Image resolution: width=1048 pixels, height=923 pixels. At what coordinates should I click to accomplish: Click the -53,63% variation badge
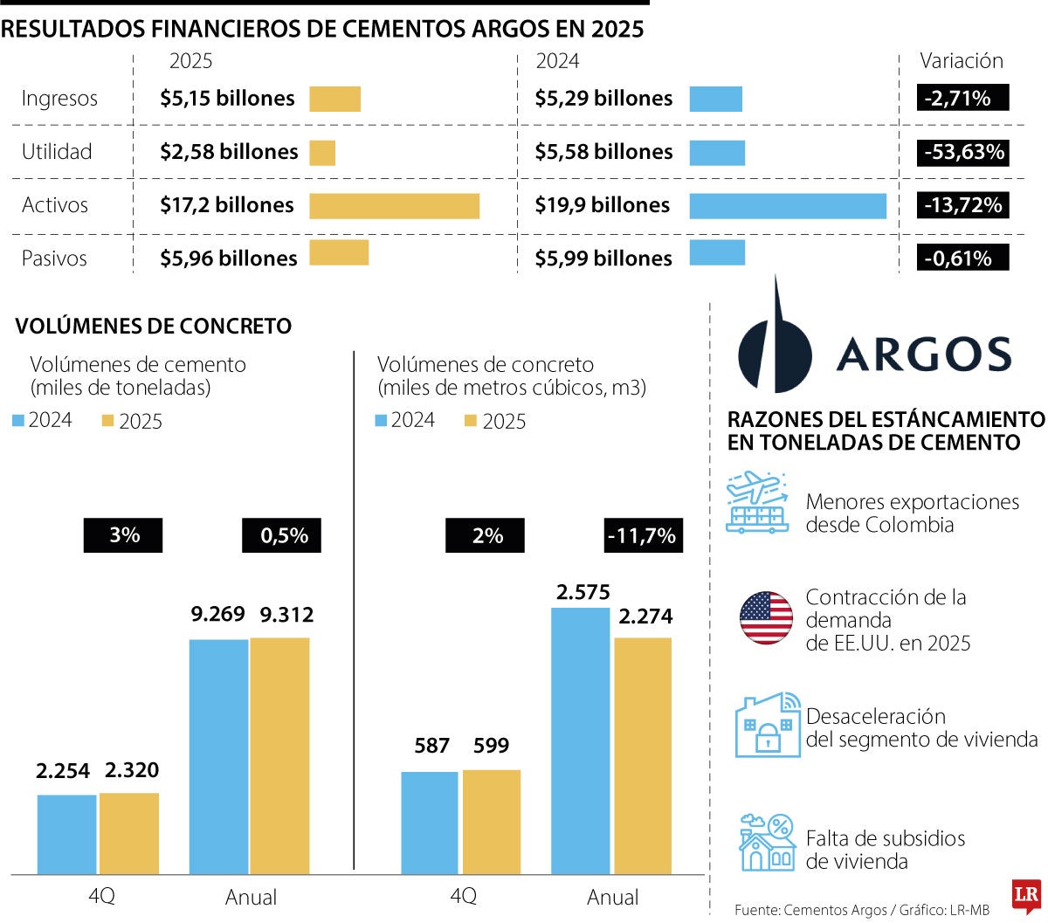point(964,152)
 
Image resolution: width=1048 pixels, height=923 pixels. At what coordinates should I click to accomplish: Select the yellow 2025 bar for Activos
point(394,205)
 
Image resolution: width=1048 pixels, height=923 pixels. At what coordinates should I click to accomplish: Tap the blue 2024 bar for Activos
point(787,205)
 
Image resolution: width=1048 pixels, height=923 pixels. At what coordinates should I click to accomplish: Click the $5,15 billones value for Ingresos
point(227,99)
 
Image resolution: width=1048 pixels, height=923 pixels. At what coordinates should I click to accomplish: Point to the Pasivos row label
point(54,258)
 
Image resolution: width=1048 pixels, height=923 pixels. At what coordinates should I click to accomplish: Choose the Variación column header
point(961,61)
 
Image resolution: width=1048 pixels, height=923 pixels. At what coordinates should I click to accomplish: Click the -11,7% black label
point(643,535)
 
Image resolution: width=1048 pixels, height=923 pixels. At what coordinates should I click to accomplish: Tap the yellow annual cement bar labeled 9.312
point(279,755)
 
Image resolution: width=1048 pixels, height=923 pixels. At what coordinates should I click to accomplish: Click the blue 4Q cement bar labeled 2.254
point(66,834)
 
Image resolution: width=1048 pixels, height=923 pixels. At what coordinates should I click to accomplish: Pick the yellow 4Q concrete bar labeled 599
point(491,821)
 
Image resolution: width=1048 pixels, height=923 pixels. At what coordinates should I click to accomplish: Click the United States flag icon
point(766,618)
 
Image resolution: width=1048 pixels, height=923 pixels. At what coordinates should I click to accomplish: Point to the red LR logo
point(1025,895)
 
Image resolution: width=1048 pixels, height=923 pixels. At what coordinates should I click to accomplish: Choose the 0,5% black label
point(281,535)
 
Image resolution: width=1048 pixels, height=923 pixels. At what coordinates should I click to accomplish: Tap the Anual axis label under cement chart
point(251,897)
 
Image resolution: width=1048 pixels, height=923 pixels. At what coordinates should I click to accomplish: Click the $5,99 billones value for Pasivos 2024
point(603,258)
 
